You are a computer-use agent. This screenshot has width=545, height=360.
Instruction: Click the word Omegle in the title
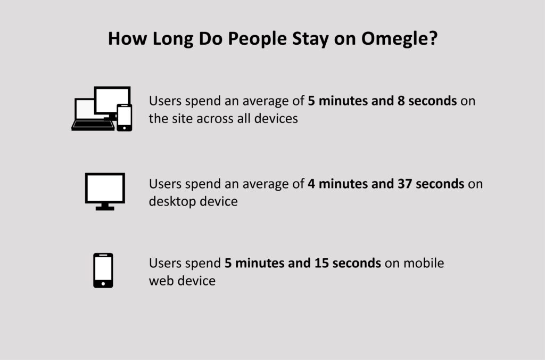[x=399, y=38]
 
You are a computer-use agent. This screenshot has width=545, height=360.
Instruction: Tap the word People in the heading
[x=257, y=38]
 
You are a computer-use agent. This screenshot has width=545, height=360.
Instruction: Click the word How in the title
[x=128, y=38]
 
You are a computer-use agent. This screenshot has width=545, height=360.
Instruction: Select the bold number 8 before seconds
[x=401, y=101]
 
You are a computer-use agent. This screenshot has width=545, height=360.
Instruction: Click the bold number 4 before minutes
[x=311, y=184]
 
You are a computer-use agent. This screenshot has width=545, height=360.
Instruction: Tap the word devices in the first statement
[x=276, y=118]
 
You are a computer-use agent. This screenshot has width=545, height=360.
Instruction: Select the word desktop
[x=172, y=202]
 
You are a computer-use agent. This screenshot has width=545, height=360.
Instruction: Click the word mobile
[x=424, y=263]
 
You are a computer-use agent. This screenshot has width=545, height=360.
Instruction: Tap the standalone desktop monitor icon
[x=105, y=191]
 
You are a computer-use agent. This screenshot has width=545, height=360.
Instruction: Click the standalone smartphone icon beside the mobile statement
[x=103, y=270]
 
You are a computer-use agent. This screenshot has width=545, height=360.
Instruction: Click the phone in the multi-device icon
[x=125, y=118]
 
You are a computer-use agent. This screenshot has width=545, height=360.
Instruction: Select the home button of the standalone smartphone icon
[x=103, y=284]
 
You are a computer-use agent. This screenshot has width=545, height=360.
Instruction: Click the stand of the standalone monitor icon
[x=105, y=207]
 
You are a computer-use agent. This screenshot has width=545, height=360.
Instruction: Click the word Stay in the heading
[x=310, y=38]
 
